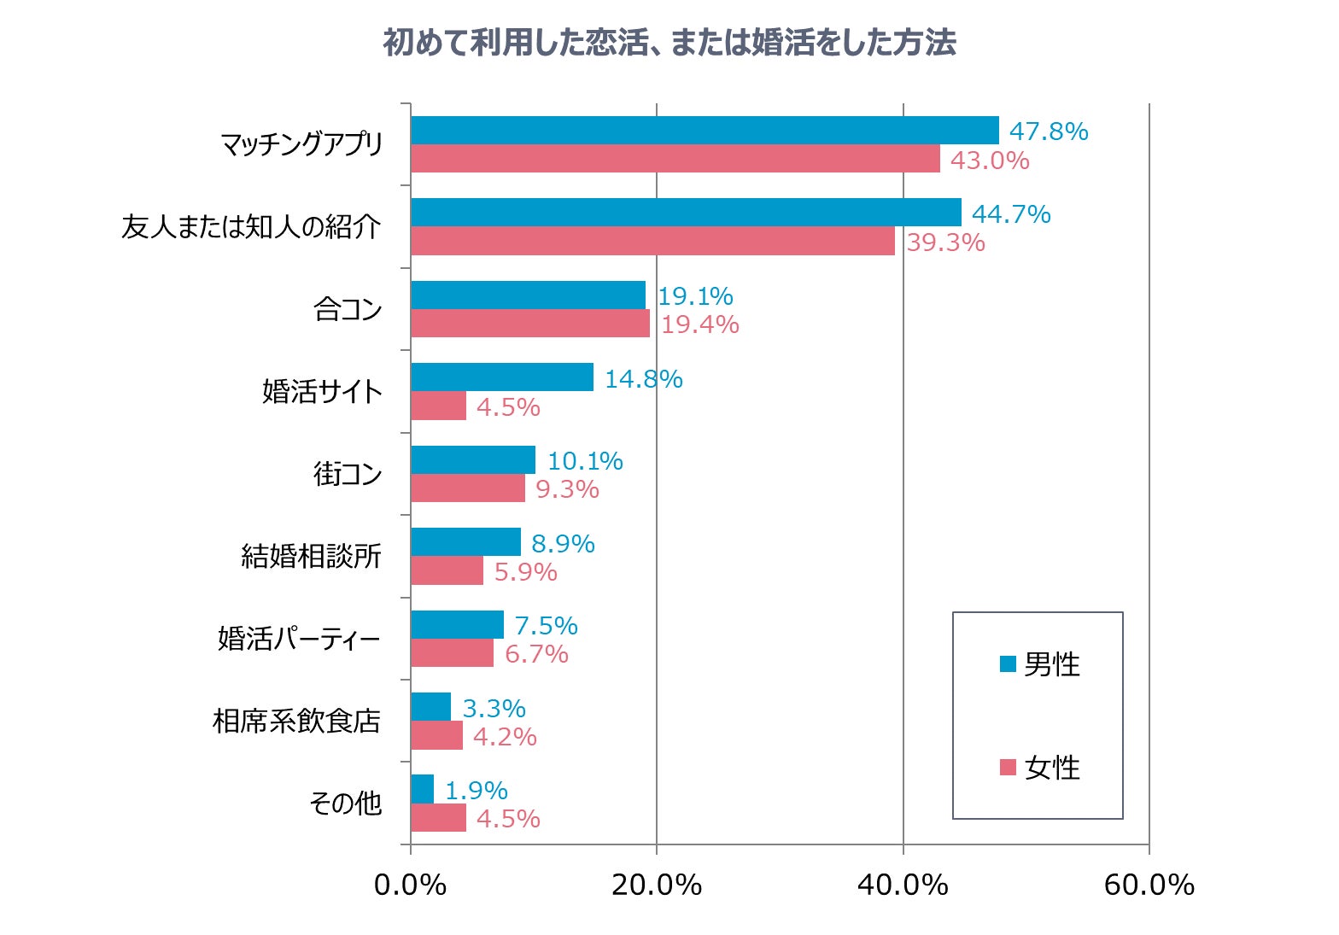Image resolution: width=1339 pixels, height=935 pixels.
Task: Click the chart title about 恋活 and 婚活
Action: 669,42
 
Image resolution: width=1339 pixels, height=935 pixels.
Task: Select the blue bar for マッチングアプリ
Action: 705,131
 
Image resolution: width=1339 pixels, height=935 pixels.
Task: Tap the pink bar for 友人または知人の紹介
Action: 652,241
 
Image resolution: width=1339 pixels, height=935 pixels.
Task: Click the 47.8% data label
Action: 1048,131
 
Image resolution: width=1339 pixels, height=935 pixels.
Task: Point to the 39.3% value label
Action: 945,243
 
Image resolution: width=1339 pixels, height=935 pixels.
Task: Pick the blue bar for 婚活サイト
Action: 502,377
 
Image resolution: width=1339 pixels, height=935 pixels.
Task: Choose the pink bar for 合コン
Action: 529,324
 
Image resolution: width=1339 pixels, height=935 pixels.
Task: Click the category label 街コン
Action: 348,473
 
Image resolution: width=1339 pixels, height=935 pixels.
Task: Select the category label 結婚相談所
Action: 311,556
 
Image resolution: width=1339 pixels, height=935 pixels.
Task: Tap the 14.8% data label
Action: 643,379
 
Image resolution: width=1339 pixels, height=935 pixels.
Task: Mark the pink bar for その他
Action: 438,818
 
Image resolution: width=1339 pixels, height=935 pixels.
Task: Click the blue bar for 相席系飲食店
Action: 430,707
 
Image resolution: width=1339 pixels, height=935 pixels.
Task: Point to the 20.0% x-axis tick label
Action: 656,885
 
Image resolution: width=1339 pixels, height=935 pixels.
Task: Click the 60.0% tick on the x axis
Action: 1149,885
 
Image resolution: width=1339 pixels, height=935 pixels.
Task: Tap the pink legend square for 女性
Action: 1008,767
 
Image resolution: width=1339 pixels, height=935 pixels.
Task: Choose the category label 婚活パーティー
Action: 299,639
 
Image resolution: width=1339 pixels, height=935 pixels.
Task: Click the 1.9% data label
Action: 476,791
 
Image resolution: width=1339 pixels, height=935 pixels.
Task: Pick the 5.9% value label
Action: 525,572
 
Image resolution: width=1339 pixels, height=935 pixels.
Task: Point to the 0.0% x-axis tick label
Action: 410,885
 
